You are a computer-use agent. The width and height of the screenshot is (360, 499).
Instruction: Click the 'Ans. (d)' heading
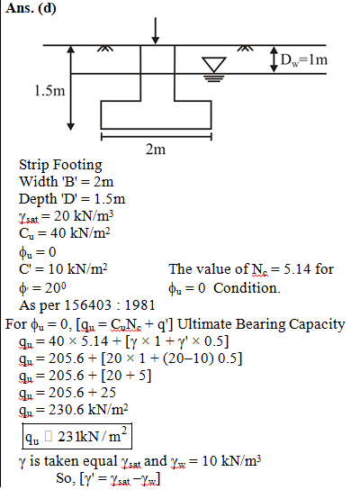[31, 7]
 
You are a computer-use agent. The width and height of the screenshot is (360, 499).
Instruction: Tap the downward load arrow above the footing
[155, 31]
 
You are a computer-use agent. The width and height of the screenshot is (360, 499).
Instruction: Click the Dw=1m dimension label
[303, 59]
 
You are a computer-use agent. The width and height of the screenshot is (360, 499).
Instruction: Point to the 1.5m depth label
[49, 91]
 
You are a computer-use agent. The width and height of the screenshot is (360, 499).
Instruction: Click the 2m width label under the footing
[156, 149]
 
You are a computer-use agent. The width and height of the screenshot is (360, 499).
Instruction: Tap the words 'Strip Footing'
[60, 165]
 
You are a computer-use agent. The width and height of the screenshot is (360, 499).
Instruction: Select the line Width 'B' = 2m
[66, 182]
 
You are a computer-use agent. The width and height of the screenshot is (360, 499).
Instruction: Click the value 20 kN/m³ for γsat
[84, 216]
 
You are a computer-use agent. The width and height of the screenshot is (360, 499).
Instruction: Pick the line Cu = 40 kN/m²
[65, 233]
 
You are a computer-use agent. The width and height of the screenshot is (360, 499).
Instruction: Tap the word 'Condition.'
[247, 288]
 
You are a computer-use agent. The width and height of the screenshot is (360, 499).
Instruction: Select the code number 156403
[88, 305]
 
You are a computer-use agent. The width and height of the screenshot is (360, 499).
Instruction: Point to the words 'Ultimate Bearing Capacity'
[261, 324]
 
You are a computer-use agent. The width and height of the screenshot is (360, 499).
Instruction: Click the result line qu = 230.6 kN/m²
[74, 410]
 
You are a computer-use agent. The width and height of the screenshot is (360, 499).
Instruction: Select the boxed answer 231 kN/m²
[76, 436]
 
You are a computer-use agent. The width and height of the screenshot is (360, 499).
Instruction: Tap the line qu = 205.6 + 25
[67, 393]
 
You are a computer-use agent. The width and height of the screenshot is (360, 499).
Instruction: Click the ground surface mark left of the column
[105, 49]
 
